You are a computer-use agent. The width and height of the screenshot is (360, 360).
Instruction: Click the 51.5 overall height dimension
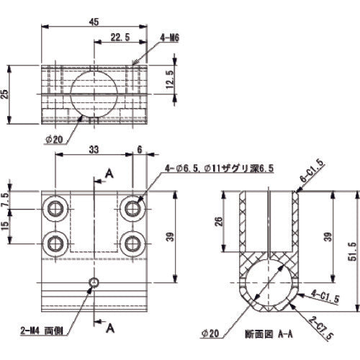[x=351, y=251]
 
